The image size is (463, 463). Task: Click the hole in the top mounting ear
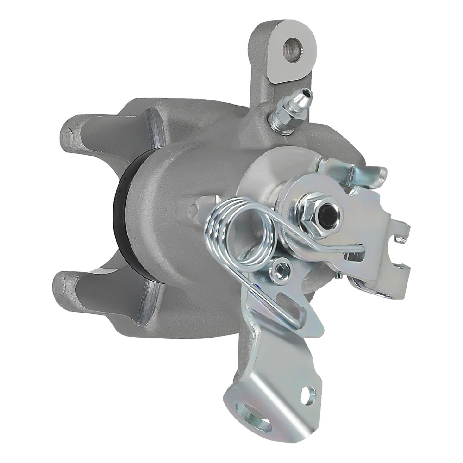point(293,50)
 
